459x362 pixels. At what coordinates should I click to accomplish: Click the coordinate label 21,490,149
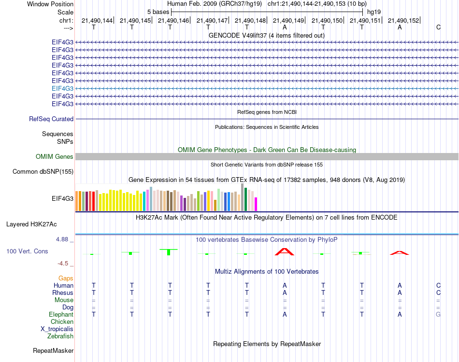click(x=288, y=20)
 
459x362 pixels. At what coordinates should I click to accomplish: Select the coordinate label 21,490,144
click(x=97, y=20)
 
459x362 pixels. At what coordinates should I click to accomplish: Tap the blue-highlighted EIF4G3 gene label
click(x=63, y=88)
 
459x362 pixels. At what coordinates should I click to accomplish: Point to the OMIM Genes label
click(x=55, y=156)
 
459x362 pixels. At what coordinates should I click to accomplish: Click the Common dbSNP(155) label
click(x=43, y=171)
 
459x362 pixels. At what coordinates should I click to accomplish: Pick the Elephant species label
click(x=61, y=314)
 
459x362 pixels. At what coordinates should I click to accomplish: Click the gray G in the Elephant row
click(x=438, y=314)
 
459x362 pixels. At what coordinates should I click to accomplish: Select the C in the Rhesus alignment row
click(x=438, y=292)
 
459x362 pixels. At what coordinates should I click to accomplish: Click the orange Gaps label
click(x=66, y=278)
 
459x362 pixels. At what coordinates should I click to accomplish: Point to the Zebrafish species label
click(x=60, y=336)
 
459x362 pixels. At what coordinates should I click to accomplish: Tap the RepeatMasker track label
click(x=53, y=350)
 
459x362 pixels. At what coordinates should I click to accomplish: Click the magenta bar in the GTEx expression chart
click(x=256, y=204)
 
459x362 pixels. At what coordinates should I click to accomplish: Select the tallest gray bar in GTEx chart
click(x=243, y=197)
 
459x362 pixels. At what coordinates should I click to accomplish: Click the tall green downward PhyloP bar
click(x=168, y=252)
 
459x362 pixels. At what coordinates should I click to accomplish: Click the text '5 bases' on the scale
click(x=158, y=12)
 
